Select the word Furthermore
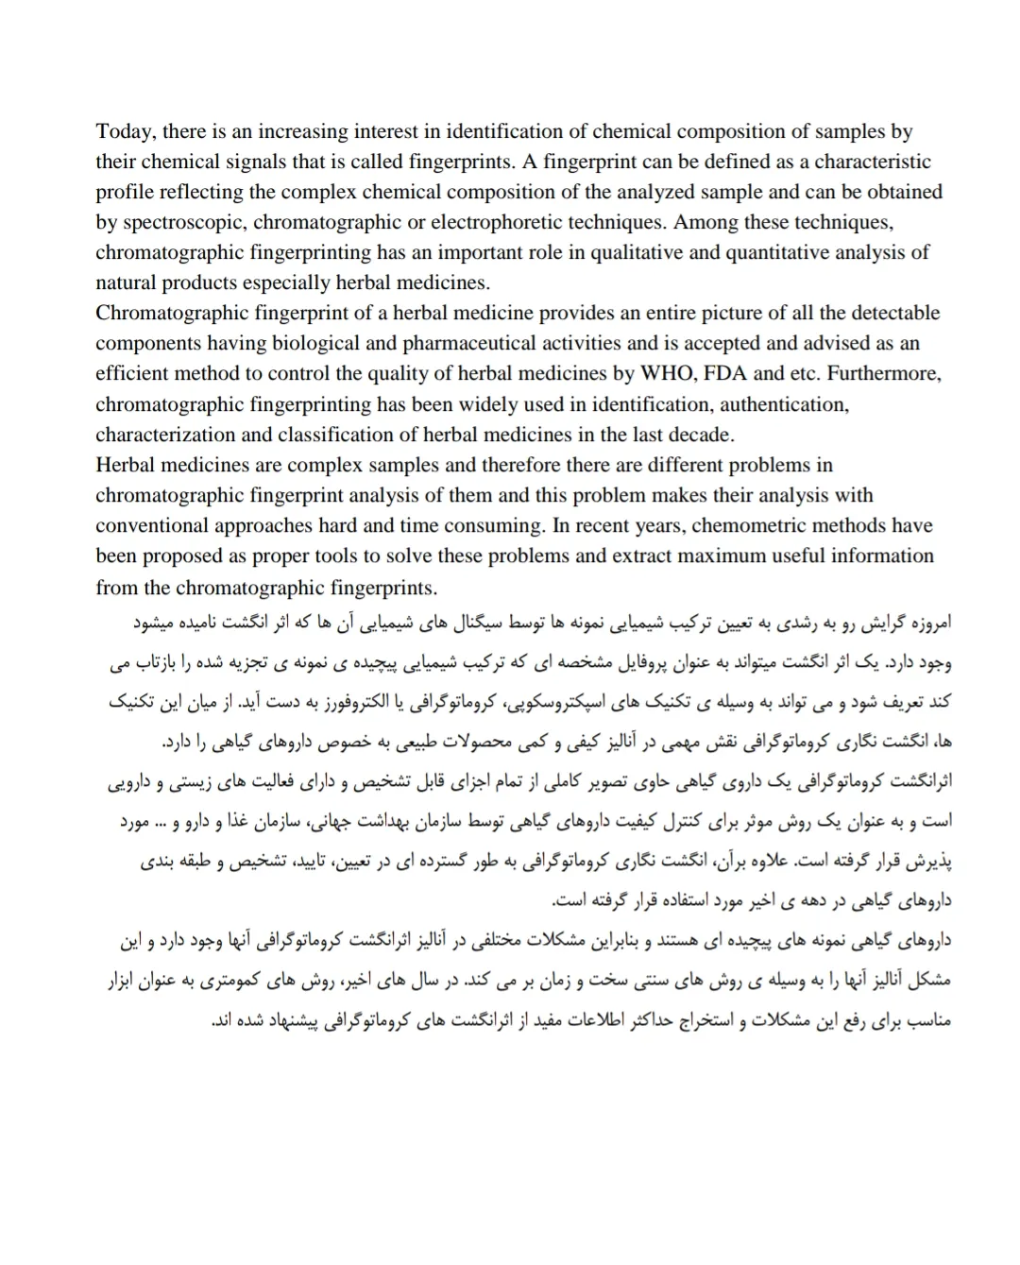(884, 373)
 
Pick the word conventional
(151, 525)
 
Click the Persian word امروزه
(922, 624)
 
